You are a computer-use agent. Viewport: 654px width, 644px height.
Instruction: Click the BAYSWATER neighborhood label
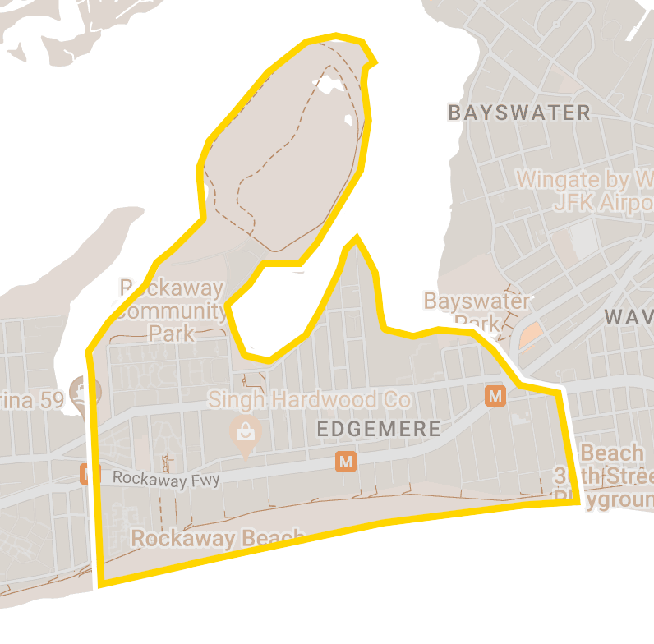tap(519, 113)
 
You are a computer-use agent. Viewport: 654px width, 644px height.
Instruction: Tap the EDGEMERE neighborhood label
tap(378, 429)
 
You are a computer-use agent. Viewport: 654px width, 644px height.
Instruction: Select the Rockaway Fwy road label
tap(166, 479)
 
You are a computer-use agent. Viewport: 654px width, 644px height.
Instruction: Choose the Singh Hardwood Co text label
tap(308, 400)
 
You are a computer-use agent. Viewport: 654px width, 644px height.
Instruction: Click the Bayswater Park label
tap(477, 311)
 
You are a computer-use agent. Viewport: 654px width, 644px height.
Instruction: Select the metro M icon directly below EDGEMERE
tap(346, 462)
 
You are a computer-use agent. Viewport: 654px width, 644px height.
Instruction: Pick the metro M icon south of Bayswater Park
tap(495, 397)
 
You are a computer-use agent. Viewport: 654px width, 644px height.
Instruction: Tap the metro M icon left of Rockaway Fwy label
tap(85, 474)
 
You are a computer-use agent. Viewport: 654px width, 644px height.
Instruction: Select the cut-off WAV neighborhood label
tap(629, 317)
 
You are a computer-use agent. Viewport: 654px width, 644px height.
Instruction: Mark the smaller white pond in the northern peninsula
tap(348, 120)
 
